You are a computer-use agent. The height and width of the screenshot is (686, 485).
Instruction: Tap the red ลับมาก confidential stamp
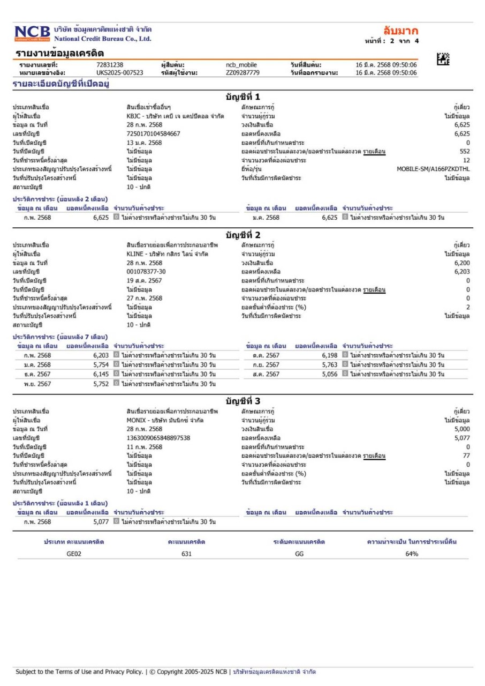point(400,30)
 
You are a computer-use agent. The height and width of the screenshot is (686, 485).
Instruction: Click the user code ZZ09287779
point(242,73)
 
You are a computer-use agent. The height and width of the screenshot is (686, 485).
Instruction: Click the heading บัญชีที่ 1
point(242,97)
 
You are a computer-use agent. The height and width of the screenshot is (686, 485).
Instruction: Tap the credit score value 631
point(187,554)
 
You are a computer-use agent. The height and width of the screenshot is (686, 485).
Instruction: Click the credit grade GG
point(299,554)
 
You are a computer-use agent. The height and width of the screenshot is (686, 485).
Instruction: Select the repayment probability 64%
point(411,554)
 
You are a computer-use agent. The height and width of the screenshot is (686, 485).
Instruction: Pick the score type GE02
point(74,554)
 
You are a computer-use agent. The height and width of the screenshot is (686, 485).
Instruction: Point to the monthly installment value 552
point(465,152)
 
